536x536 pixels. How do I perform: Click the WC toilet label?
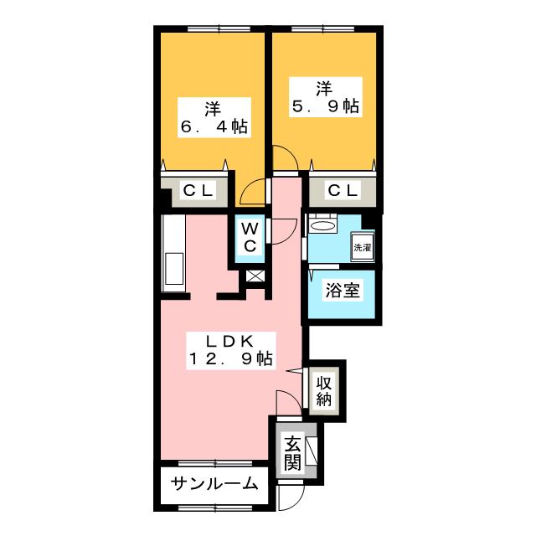[x=250, y=237]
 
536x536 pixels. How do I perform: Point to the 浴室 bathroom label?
[x=343, y=291]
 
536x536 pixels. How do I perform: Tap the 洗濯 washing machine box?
[x=363, y=247]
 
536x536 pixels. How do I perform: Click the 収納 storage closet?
[x=324, y=390]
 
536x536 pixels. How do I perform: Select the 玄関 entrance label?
[x=292, y=452]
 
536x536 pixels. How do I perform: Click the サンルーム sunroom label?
[x=214, y=483]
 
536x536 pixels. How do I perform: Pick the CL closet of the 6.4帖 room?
[x=198, y=191]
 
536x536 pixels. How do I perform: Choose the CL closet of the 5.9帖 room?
[x=343, y=191]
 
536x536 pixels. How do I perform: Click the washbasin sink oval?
[x=323, y=226]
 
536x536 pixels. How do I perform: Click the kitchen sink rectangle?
[x=173, y=269]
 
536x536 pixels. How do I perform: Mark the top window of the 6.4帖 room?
[x=219, y=29]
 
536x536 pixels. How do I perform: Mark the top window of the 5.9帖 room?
[x=322, y=29]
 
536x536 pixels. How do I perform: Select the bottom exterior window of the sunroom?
[x=215, y=508]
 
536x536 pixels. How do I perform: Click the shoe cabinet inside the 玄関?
[x=312, y=451]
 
